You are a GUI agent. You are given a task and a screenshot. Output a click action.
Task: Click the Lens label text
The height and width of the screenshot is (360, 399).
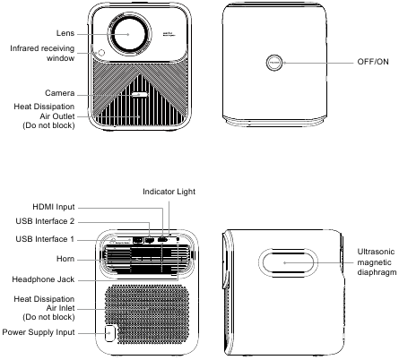65,33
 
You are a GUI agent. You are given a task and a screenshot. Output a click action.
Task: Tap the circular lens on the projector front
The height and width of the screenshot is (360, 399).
128,34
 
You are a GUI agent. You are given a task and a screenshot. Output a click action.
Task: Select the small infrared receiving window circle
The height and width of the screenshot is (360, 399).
101,53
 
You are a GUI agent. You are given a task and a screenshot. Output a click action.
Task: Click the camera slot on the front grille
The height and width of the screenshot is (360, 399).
140,95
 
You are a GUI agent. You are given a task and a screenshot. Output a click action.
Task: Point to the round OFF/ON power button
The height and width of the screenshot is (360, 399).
274,63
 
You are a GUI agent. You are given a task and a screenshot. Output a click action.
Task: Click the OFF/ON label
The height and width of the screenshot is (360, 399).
373,62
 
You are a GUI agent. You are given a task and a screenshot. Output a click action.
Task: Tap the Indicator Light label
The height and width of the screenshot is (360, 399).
169,192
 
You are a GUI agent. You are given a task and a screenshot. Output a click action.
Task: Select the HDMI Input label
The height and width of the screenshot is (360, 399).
54,207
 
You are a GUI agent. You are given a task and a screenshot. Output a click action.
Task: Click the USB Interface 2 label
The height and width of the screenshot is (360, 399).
45,221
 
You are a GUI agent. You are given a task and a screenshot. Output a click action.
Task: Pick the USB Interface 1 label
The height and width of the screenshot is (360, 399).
45,239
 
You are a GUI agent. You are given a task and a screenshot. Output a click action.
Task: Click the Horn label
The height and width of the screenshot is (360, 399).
65,259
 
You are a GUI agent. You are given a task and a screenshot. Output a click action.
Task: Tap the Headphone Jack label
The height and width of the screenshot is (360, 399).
43,279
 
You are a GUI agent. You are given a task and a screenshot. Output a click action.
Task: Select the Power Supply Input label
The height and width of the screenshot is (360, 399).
39,332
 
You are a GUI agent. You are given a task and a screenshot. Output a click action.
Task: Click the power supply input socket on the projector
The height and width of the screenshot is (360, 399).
110,333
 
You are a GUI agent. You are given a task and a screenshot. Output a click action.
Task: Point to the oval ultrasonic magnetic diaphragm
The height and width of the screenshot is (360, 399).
288,262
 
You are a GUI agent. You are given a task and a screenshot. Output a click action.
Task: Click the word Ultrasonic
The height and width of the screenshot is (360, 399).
376,252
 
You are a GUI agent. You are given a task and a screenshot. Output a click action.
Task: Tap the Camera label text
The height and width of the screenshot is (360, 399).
60,93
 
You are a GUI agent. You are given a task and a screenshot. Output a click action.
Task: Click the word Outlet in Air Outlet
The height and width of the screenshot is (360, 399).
64,116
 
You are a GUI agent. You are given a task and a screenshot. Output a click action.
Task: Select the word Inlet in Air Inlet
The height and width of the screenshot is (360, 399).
65,308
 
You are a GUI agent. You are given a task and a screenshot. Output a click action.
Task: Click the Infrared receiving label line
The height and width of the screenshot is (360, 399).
42,48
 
